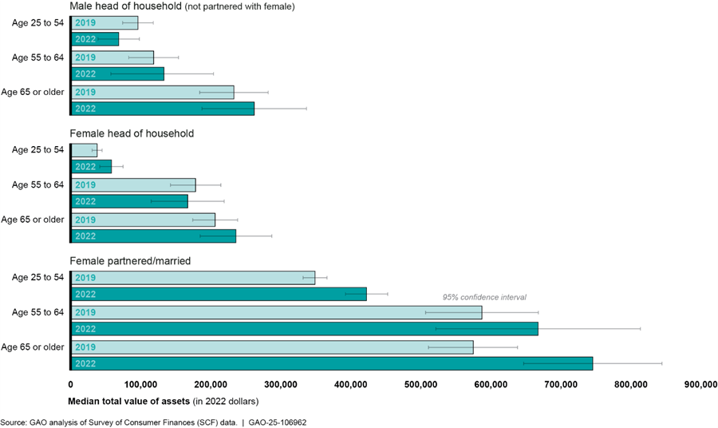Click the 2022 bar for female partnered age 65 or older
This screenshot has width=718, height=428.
pyautogui.click(x=332, y=363)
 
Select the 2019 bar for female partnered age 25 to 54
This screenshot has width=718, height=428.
pyautogui.click(x=193, y=277)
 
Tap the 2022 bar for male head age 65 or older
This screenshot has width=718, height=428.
pyautogui.click(x=163, y=109)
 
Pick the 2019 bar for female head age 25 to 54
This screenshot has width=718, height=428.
pyautogui.click(x=85, y=150)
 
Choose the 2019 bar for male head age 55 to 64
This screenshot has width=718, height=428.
pyautogui.click(x=112, y=57)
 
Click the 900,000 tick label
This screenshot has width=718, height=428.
pyautogui.click(x=700, y=384)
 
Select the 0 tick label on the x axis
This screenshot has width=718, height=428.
pyautogui.click(x=71, y=384)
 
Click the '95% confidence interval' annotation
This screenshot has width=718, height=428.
pyautogui.click(x=484, y=297)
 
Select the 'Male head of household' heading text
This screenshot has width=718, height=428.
pyautogui.click(x=127, y=7)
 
